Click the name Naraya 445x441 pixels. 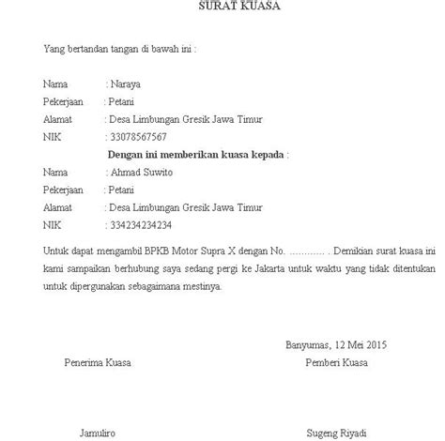point(127,84)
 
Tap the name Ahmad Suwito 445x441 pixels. point(139,173)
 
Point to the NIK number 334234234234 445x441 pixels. point(141,226)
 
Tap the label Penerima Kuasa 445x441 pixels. point(98,362)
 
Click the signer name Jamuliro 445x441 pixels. point(96,433)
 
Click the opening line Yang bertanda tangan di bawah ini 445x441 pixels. point(121,48)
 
